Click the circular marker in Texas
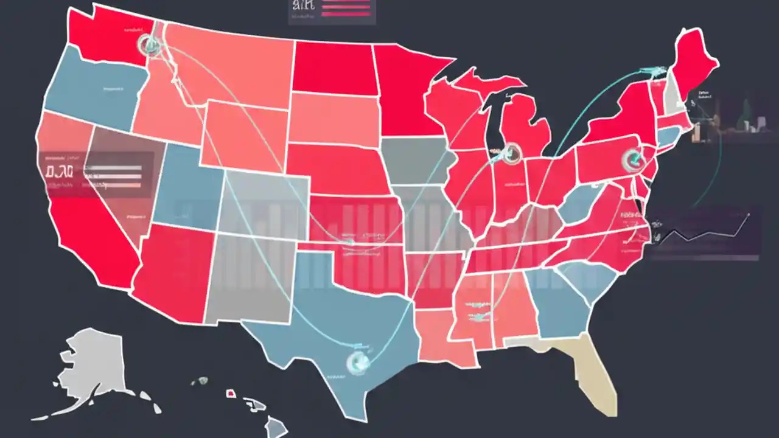point(357,362)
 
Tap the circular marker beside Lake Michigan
point(512,153)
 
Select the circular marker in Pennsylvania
point(632,160)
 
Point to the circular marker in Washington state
point(148,44)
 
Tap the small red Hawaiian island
point(231,394)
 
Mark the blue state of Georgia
point(560,304)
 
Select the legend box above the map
point(332,12)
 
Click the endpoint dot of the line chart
point(748,214)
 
